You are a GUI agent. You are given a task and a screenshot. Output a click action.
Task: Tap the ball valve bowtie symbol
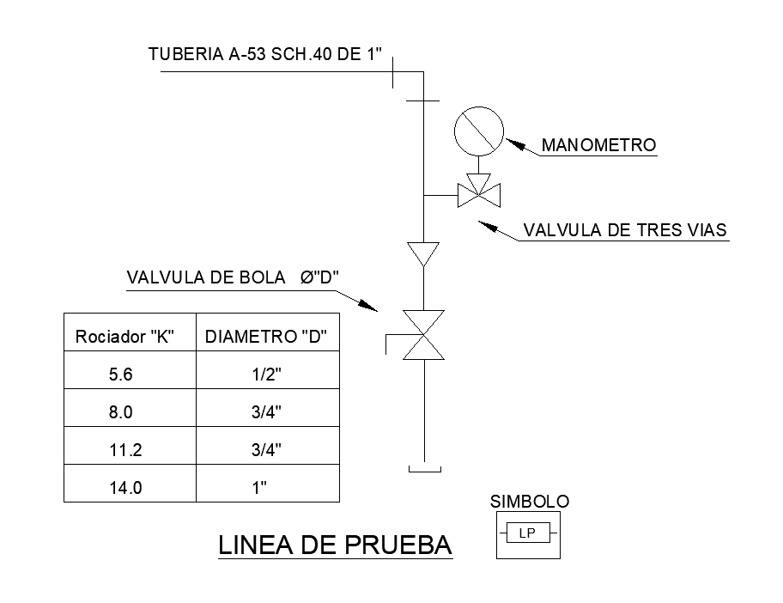click(x=423, y=335)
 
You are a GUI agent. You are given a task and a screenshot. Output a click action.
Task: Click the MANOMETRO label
click(x=598, y=145)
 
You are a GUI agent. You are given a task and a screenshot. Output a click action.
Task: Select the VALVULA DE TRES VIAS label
click(x=625, y=230)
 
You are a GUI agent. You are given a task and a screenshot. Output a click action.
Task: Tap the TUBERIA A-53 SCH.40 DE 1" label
click(x=265, y=55)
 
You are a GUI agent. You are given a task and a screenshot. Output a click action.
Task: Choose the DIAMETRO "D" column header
click(x=267, y=337)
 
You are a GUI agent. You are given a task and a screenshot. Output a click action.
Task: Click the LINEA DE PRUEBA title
click(x=336, y=545)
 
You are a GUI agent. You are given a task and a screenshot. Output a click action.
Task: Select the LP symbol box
click(x=528, y=534)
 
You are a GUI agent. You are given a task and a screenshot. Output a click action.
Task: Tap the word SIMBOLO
click(x=529, y=502)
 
